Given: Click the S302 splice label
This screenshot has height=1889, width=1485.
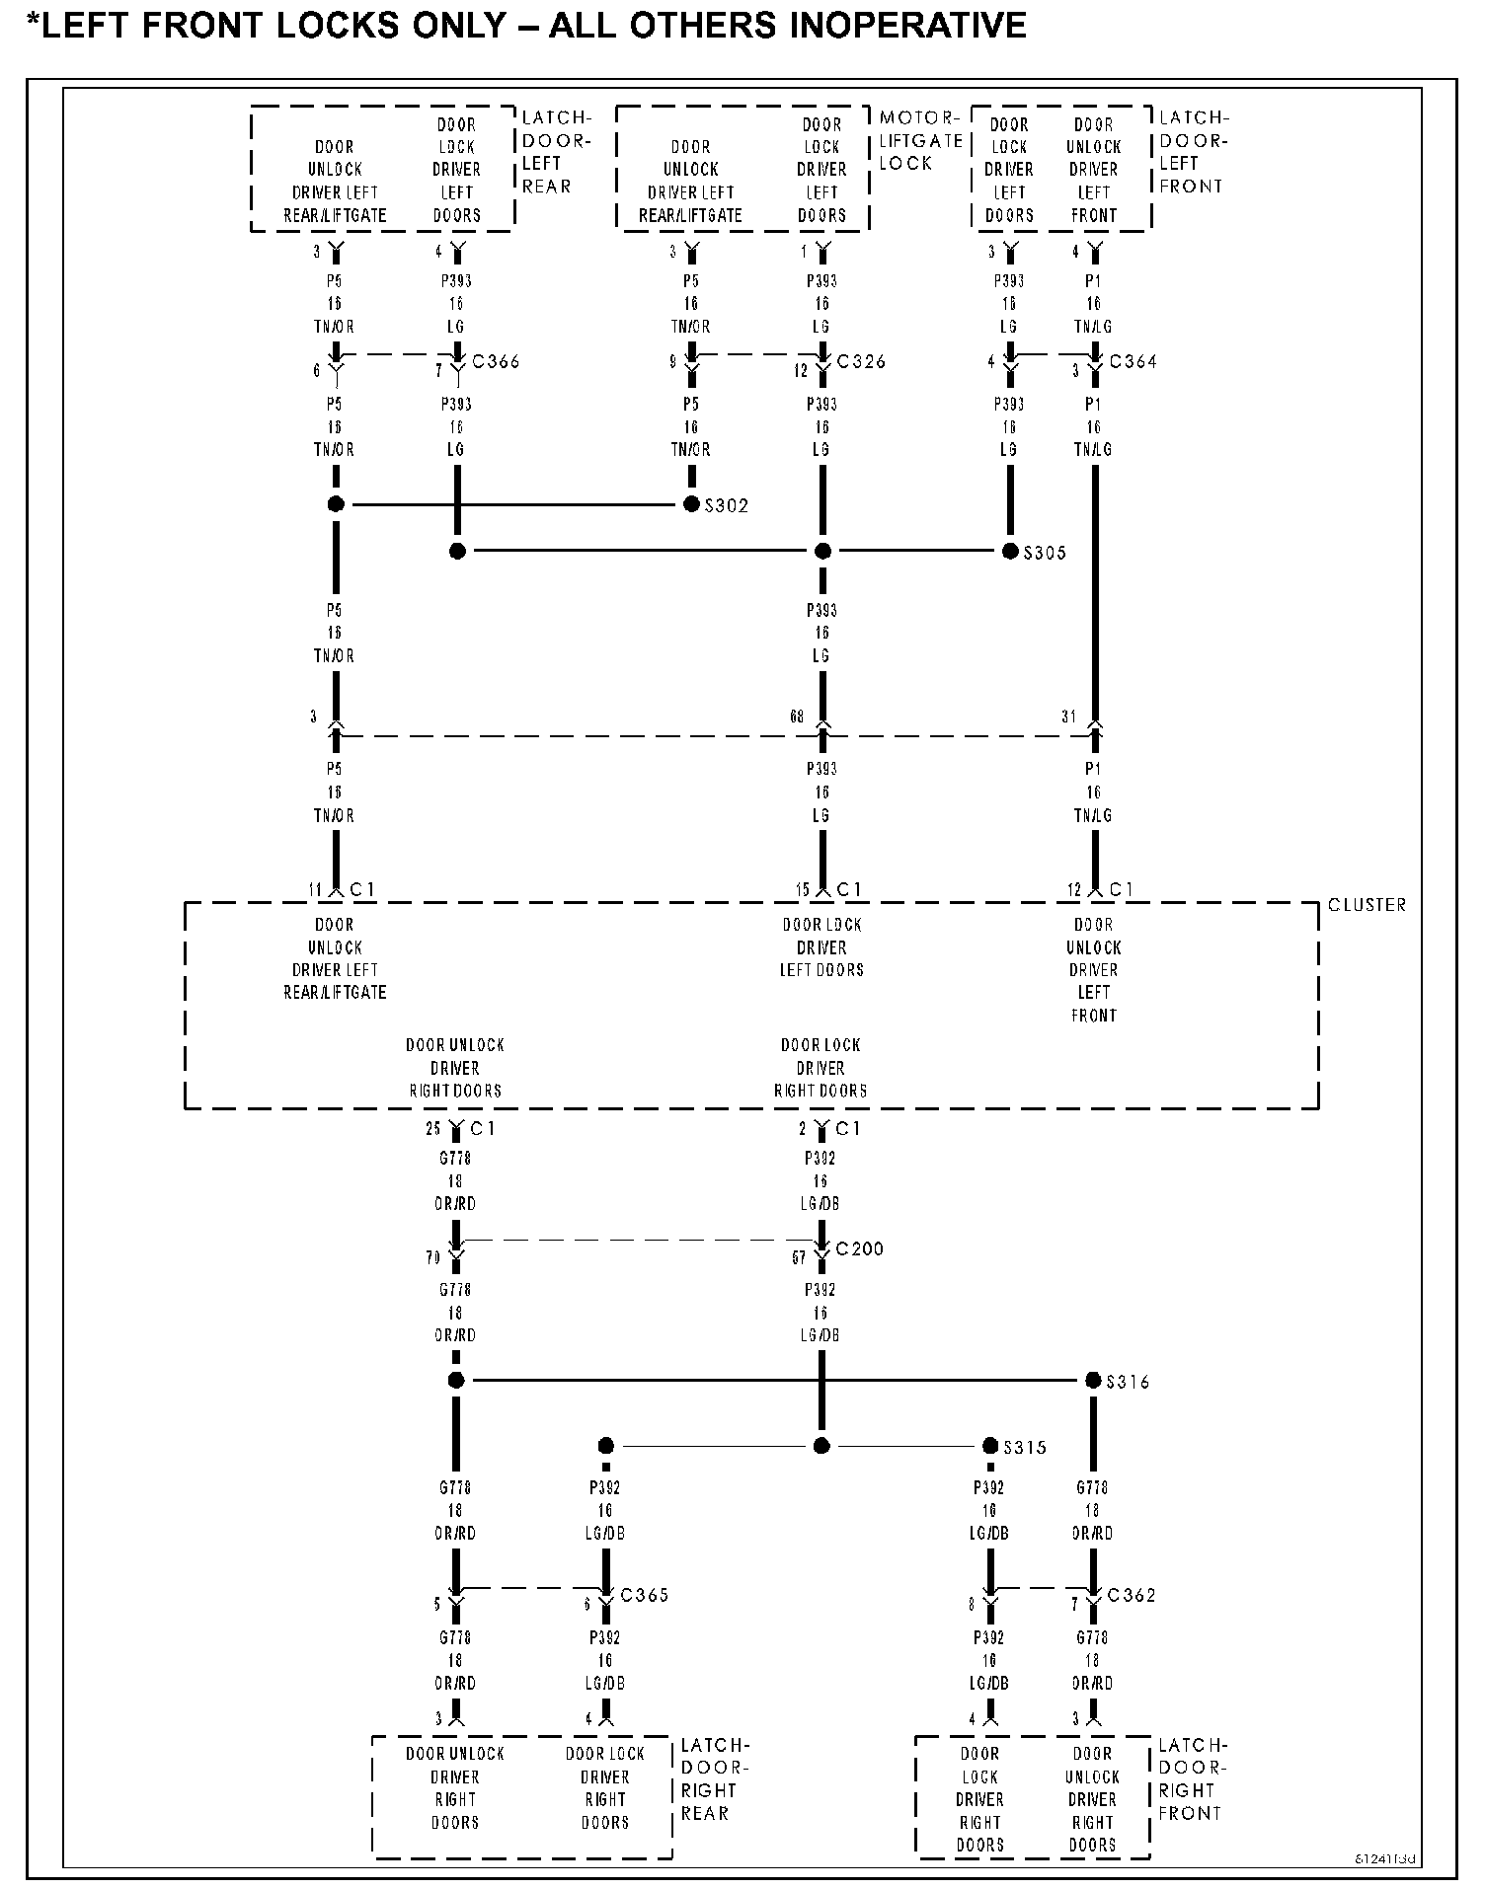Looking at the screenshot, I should (x=727, y=506).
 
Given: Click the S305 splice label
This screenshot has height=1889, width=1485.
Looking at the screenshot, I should (x=1045, y=553).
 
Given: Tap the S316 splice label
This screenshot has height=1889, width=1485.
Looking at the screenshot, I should (x=1128, y=1382).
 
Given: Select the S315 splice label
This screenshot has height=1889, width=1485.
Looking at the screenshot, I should (x=1025, y=1448).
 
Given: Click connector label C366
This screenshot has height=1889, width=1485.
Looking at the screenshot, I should (x=496, y=362).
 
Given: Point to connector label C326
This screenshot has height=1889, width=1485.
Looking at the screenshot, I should (x=861, y=362).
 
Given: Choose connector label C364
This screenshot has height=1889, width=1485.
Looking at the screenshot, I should (x=1133, y=362).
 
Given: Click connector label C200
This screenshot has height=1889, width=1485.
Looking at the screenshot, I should (x=859, y=1249).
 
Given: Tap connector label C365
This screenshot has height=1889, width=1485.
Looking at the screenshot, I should (x=644, y=1596).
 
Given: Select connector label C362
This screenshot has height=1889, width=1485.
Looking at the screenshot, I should (x=1132, y=1596).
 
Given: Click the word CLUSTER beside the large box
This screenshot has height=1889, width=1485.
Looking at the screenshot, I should (x=1367, y=905).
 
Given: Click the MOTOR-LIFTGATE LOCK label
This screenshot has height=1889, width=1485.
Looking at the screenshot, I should (x=920, y=140).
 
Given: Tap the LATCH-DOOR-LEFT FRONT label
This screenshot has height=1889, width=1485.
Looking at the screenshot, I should (x=1194, y=152).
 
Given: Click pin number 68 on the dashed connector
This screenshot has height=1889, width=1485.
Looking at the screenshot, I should (x=797, y=718).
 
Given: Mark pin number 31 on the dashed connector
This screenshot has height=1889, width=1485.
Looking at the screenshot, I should (x=1068, y=718).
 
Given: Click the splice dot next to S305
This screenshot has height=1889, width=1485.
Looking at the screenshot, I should (x=1010, y=551).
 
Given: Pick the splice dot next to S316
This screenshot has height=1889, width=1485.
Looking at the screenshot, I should (x=1093, y=1381).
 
